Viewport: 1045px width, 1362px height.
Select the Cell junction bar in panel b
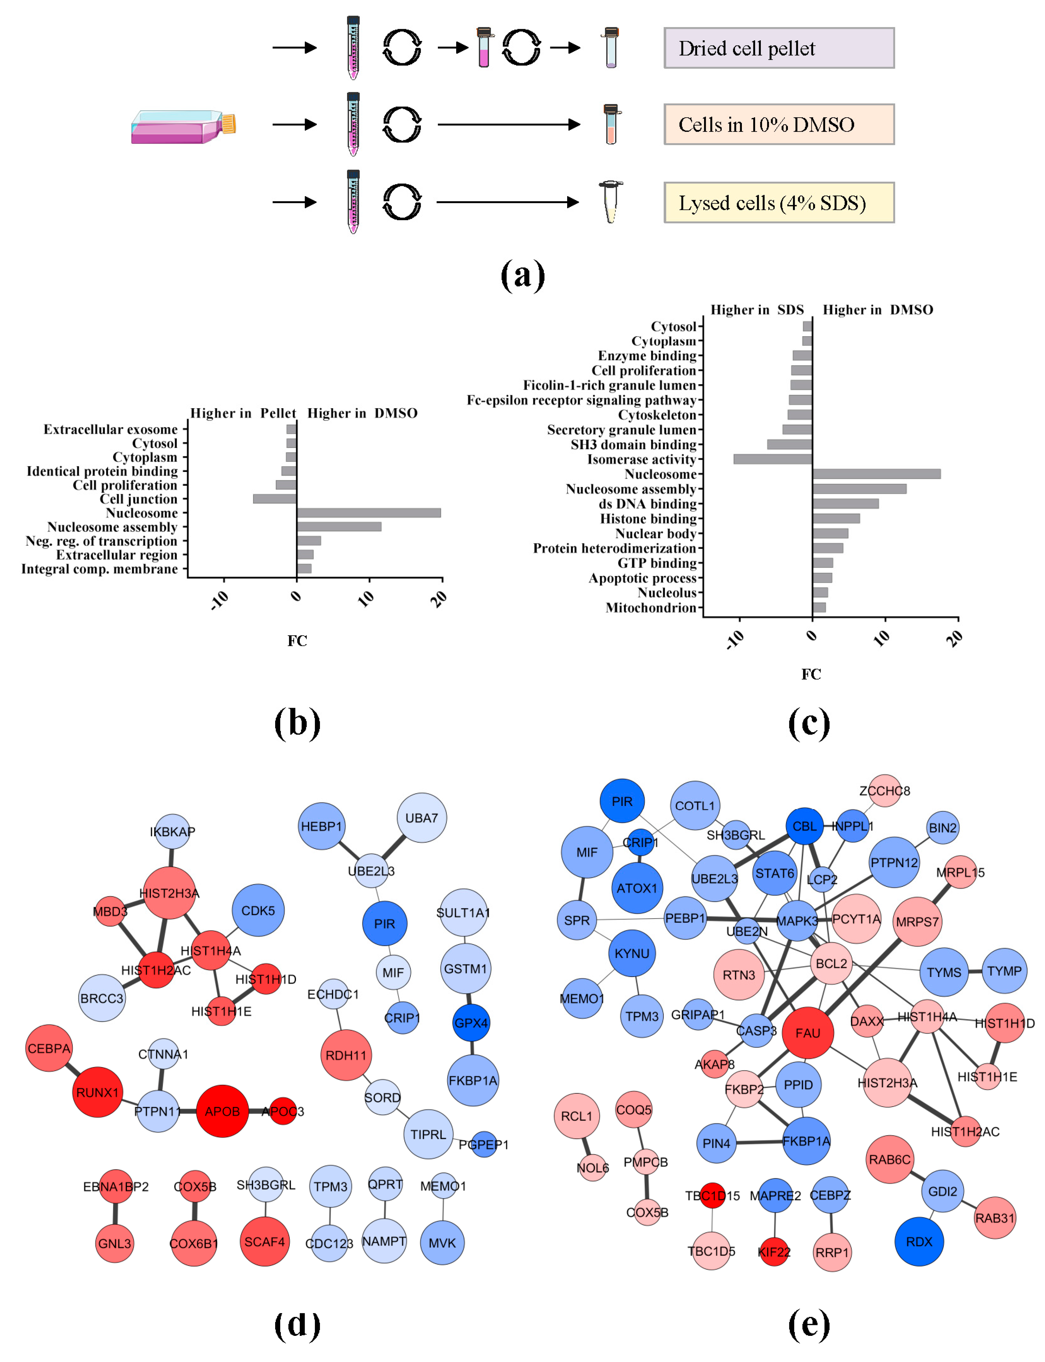point(274,498)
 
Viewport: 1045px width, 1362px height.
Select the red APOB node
point(222,1111)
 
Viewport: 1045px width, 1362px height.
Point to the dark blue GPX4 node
point(471,1022)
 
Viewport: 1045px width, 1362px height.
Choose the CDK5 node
point(257,910)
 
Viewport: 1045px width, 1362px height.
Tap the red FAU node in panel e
point(807,1033)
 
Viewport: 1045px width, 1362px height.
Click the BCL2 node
point(831,963)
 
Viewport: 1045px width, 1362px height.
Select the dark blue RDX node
point(919,1241)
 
